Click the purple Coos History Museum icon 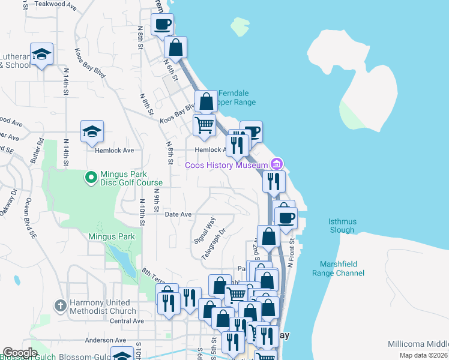pyautogui.click(x=276, y=163)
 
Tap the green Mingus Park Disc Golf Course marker pyautogui.click(x=91, y=177)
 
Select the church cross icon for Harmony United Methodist pyautogui.click(x=60, y=306)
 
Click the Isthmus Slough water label pyautogui.click(x=342, y=226)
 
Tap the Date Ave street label pyautogui.click(x=178, y=214)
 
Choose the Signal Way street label pyautogui.click(x=204, y=229)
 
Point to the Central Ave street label pyautogui.click(x=127, y=321)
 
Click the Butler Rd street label pyautogui.click(x=37, y=151)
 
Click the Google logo pyautogui.click(x=19, y=353)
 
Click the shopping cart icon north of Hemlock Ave pyautogui.click(x=204, y=125)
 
